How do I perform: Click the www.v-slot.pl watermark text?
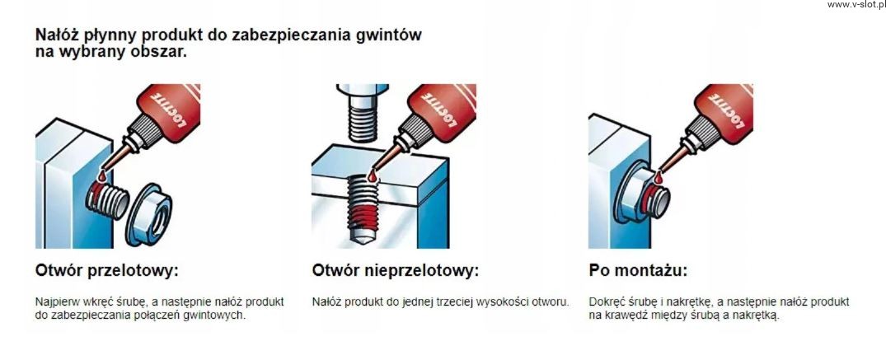point(856,4)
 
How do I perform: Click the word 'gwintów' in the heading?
point(389,35)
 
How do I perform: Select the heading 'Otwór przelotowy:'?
point(107,271)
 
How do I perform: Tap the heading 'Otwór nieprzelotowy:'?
point(395,271)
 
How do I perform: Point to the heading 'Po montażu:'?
point(638,271)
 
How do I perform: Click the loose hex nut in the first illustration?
point(148,214)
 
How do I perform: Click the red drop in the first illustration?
point(101,177)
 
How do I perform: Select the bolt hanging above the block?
point(362,113)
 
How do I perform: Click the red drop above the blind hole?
point(372,177)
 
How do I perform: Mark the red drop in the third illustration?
point(659,179)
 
